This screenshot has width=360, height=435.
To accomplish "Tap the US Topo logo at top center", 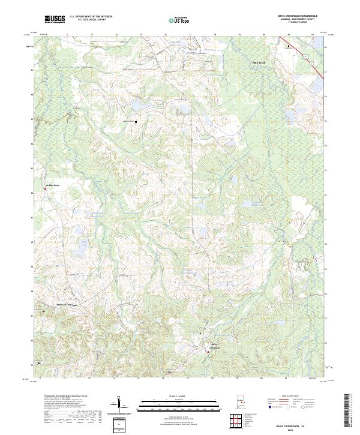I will point(178,20).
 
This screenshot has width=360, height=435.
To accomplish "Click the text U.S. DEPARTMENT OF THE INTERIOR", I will point(91,17).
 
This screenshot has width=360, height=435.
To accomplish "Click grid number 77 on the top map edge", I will point(190,35).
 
